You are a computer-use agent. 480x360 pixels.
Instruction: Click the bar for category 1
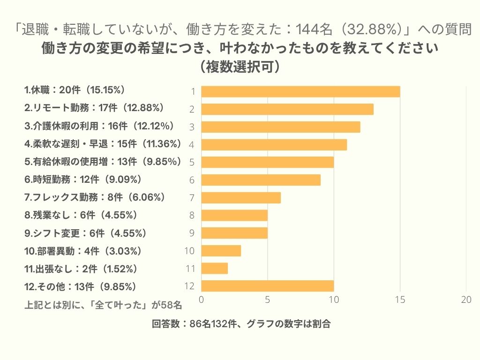tap(300, 91)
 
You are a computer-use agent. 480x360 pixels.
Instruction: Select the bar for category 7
tap(241, 197)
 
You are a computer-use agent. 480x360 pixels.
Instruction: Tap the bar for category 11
tap(214, 268)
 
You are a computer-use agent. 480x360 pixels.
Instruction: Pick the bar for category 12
tap(267, 286)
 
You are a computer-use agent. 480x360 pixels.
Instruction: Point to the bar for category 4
tap(274, 144)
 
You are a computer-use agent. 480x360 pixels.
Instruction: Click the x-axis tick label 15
tap(400, 300)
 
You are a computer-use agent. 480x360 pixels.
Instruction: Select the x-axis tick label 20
tap(466, 300)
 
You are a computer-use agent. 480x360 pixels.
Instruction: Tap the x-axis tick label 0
tap(202, 300)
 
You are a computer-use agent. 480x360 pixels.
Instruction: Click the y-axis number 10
tap(189, 251)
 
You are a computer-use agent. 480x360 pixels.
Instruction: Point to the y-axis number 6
tap(192, 180)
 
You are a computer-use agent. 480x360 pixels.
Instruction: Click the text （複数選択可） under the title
tap(240, 67)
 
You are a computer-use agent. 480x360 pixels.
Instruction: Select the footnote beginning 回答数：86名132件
tap(240, 324)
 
